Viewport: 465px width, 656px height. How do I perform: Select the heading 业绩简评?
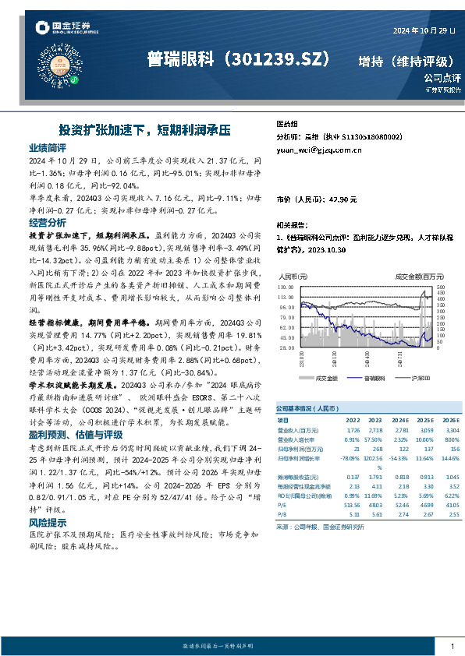tap(48, 147)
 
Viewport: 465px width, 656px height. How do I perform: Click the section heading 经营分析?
tap(48, 222)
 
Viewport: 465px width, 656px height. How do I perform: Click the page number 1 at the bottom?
tap(452, 647)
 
